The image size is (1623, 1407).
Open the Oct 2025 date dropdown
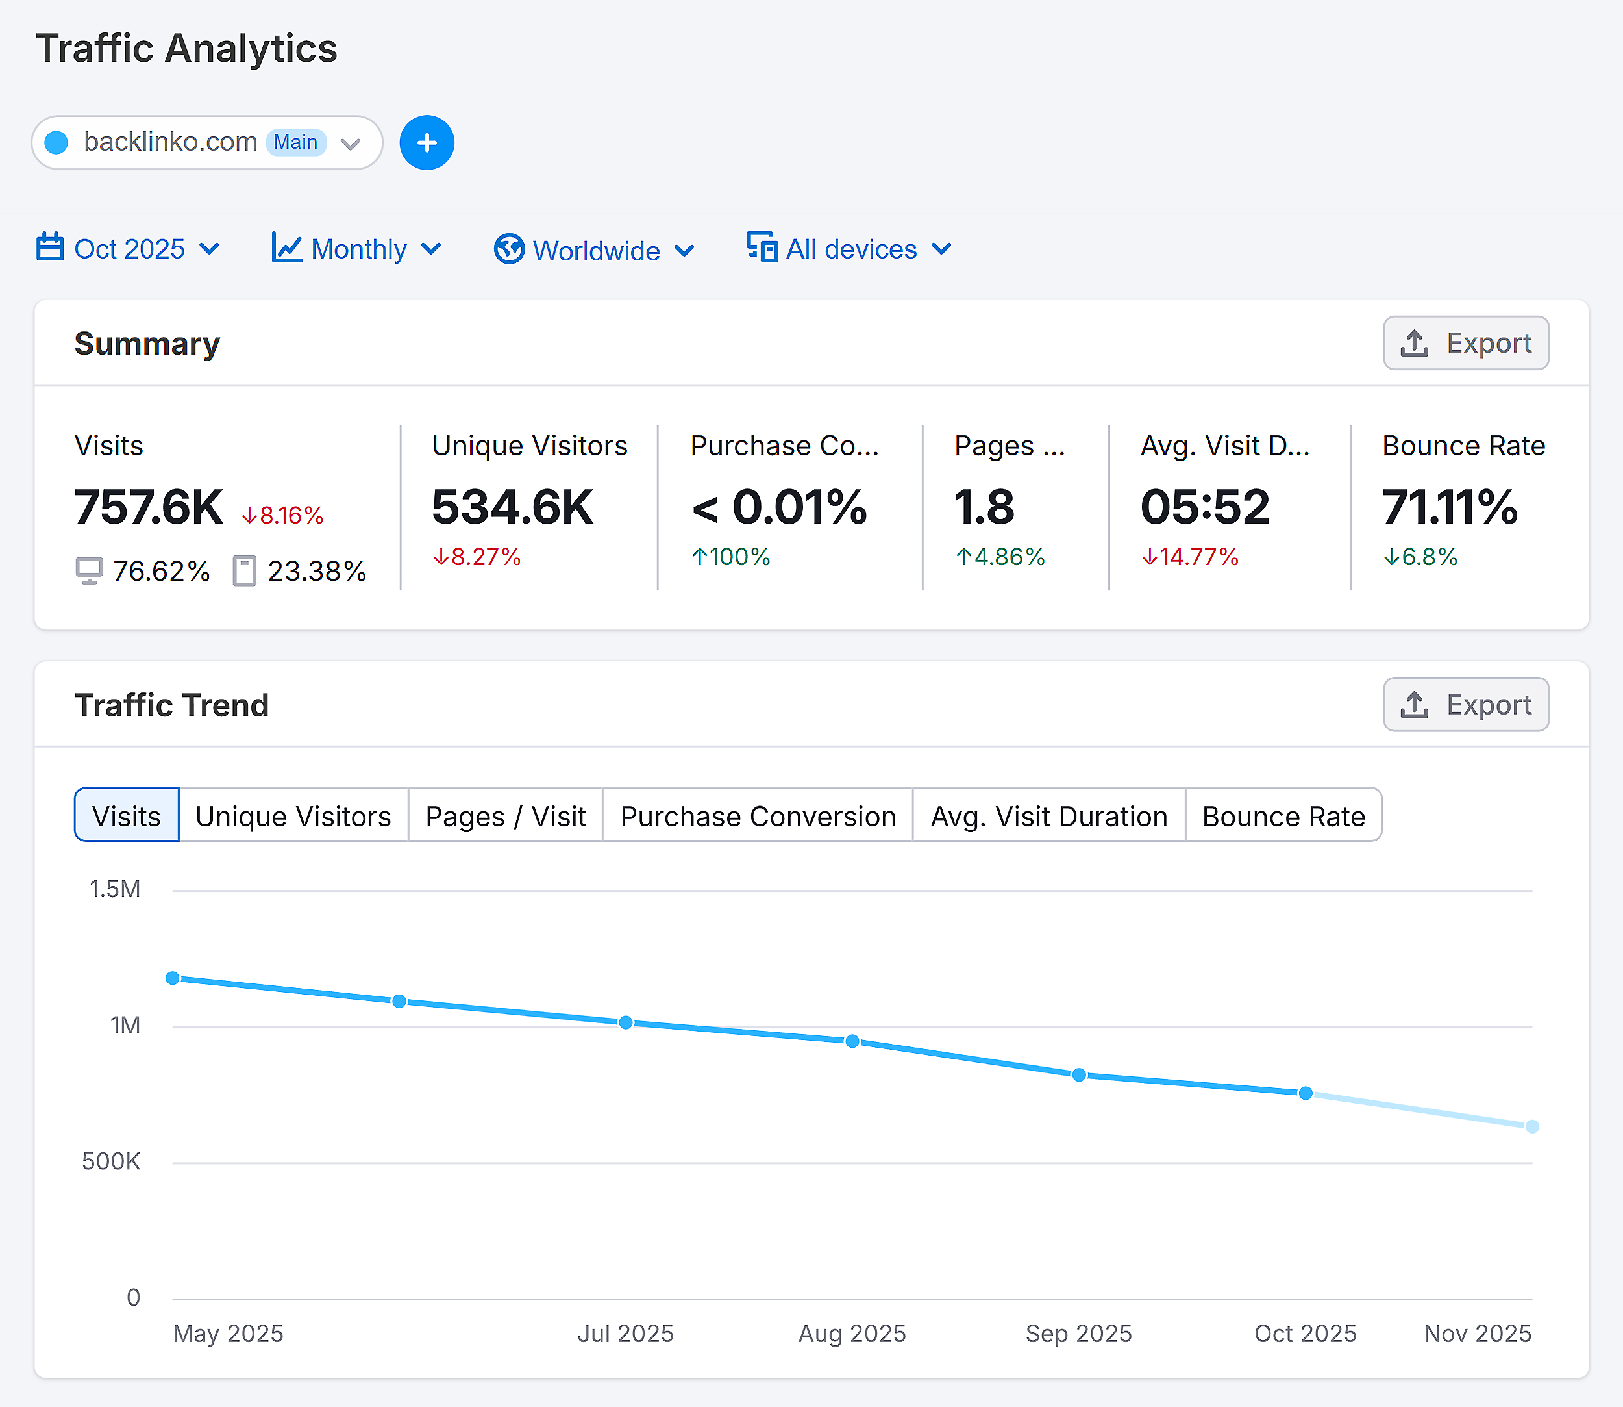128,249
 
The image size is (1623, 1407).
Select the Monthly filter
357,249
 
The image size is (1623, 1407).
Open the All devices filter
850,249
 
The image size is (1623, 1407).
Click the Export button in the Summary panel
1465,343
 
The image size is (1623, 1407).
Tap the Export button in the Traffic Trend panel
1465,705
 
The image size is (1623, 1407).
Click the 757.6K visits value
148,507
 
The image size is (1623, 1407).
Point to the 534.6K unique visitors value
512,507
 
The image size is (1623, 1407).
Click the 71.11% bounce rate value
1450,507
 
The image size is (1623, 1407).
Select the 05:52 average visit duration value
1205,507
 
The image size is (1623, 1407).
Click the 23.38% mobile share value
316,572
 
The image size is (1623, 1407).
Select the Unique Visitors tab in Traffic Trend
293,817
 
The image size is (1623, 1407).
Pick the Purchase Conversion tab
758,817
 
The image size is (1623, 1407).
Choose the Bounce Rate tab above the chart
1283,817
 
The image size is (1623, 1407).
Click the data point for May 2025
173,978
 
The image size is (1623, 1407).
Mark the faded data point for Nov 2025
1532,1126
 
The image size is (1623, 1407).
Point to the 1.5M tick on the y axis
114,889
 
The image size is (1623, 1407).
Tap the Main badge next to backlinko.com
296,143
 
